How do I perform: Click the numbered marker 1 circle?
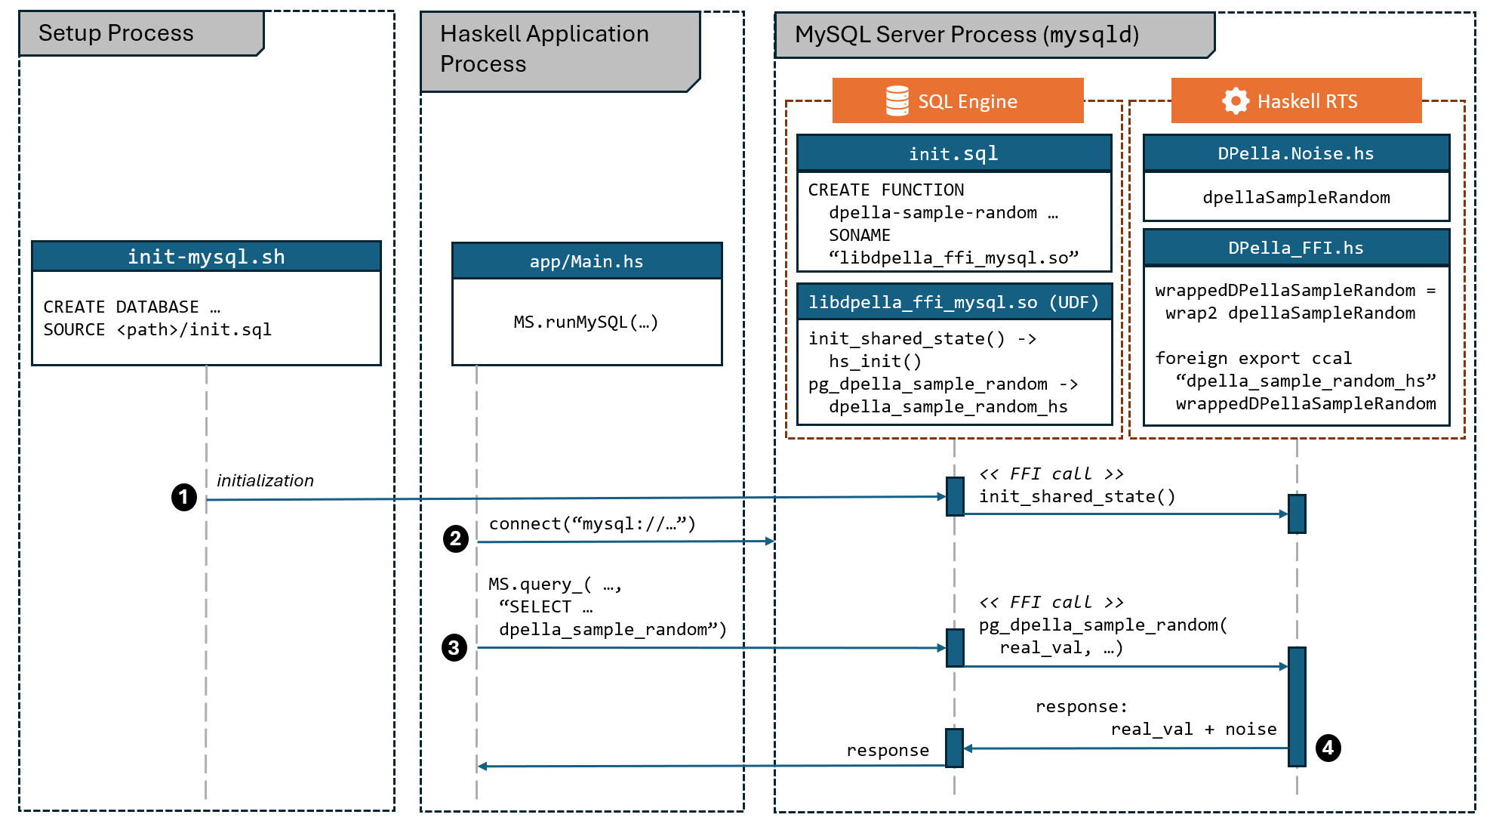pos(183,497)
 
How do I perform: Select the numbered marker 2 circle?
pos(455,538)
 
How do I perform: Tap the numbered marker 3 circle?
pos(454,647)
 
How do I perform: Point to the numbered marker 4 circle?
pos(1328,748)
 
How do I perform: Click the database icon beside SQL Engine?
pos(897,100)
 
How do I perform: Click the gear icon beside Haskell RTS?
pos(1235,100)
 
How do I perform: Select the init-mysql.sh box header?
pos(206,257)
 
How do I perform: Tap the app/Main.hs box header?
pos(586,261)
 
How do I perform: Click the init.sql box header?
pos(953,153)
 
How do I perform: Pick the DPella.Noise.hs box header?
pos(1295,153)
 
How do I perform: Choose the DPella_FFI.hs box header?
pos(1295,248)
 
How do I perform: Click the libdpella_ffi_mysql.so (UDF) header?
pos(953,302)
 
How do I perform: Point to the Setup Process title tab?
pos(140,33)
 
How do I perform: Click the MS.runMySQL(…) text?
pos(586,322)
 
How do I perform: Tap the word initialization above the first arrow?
pos(265,480)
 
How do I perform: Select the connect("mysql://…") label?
pos(592,523)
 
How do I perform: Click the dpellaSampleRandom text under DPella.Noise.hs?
pos(1295,197)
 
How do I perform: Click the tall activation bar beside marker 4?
pos(1296,706)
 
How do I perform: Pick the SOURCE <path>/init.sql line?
pos(157,329)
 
